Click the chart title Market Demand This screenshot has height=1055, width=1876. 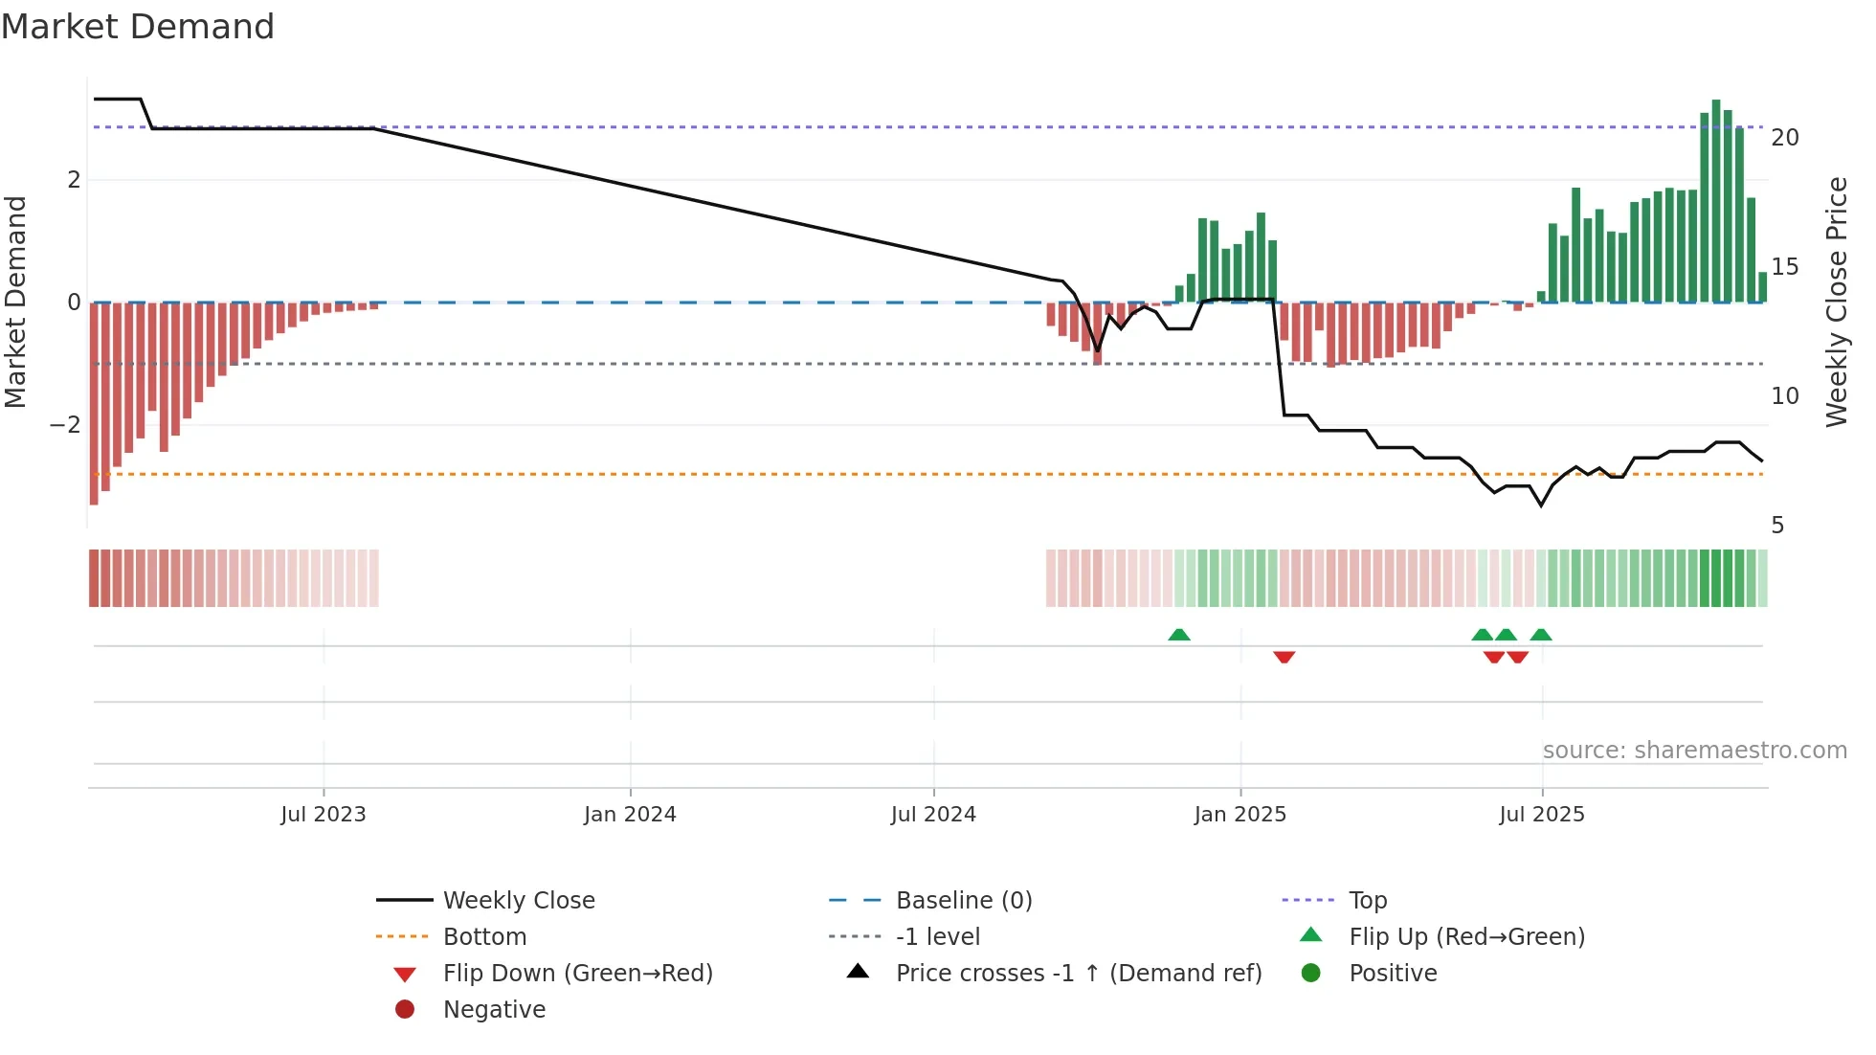(x=138, y=27)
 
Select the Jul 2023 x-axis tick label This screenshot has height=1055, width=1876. (x=324, y=815)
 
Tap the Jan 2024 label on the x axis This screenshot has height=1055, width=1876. (x=630, y=815)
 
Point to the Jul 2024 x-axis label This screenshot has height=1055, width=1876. (x=933, y=815)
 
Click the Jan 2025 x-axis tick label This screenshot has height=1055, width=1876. (x=1240, y=815)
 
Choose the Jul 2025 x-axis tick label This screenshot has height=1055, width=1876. (x=1542, y=815)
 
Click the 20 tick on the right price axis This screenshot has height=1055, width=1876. (x=1785, y=138)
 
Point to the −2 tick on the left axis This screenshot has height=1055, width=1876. (x=66, y=425)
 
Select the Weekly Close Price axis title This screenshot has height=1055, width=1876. (x=1836, y=302)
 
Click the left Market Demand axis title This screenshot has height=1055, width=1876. (x=16, y=302)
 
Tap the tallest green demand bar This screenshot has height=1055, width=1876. (x=1716, y=201)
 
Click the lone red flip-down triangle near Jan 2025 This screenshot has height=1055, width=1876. (x=1284, y=657)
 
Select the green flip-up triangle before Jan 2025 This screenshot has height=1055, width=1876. (x=1179, y=635)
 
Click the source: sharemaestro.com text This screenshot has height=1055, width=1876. (x=1694, y=751)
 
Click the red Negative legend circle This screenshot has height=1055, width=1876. (x=405, y=1010)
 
